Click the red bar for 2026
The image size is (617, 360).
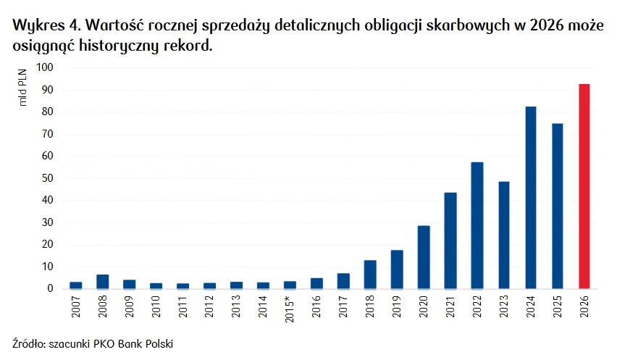pos(584,186)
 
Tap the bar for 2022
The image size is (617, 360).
pos(477,225)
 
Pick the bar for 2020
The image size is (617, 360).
pos(424,257)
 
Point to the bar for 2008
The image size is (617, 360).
pos(103,282)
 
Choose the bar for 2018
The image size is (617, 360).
pos(370,275)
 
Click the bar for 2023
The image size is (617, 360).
pos(504,235)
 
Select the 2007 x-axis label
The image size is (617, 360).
pos(76,307)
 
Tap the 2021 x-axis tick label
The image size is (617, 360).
pos(450,307)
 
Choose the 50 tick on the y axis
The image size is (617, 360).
pos(46,178)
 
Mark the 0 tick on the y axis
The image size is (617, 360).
pos(49,289)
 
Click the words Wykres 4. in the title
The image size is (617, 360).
pos(43,27)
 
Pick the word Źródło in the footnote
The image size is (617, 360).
pos(28,343)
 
